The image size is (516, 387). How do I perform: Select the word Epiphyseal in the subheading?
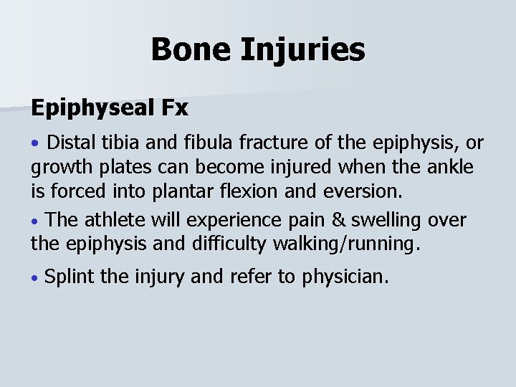click(90, 109)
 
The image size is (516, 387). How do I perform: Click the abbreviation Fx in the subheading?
click(174, 109)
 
